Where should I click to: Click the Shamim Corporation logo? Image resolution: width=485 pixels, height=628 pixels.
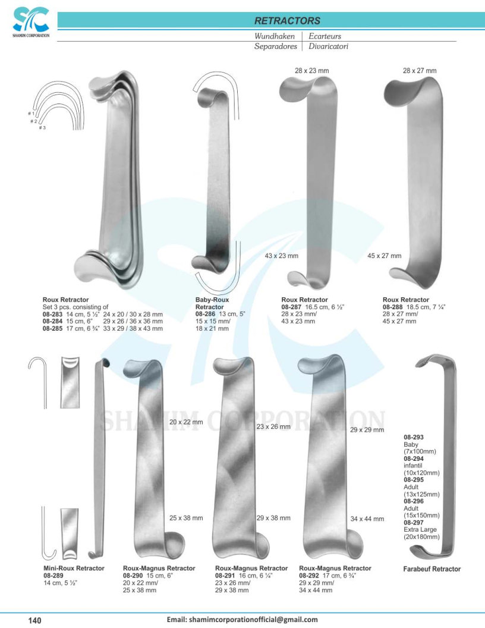pyautogui.click(x=31, y=23)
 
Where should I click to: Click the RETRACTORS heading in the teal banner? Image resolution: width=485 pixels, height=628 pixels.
pyautogui.click(x=287, y=21)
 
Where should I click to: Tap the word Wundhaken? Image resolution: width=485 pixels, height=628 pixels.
pyautogui.click(x=275, y=36)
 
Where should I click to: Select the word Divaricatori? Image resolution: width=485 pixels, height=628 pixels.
pyautogui.click(x=328, y=46)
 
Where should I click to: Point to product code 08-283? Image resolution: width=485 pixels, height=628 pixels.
pyautogui.click(x=52, y=315)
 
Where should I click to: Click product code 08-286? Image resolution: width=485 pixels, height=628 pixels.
pyautogui.click(x=205, y=314)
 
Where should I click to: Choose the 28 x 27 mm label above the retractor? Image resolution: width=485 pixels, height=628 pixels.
pyautogui.click(x=420, y=71)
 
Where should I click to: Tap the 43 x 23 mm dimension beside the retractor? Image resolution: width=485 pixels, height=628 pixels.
pyautogui.click(x=281, y=256)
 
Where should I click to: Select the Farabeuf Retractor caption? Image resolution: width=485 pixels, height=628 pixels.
pyautogui.click(x=432, y=569)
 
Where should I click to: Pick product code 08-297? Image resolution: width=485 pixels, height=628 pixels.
pyautogui.click(x=413, y=523)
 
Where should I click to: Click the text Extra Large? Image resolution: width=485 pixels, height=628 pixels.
pyautogui.click(x=420, y=529)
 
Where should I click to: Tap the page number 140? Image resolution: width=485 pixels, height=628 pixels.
pyautogui.click(x=35, y=620)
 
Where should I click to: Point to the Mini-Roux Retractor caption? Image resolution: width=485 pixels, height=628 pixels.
pyautogui.click(x=74, y=569)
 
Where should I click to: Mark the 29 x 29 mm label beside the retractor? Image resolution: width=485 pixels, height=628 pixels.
pyautogui.click(x=367, y=430)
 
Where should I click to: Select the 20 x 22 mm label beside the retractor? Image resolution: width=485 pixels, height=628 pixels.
pyautogui.click(x=186, y=422)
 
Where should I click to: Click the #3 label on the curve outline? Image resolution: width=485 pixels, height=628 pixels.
pyautogui.click(x=42, y=128)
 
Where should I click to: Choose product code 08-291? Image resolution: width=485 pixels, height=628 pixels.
pyautogui.click(x=225, y=576)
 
